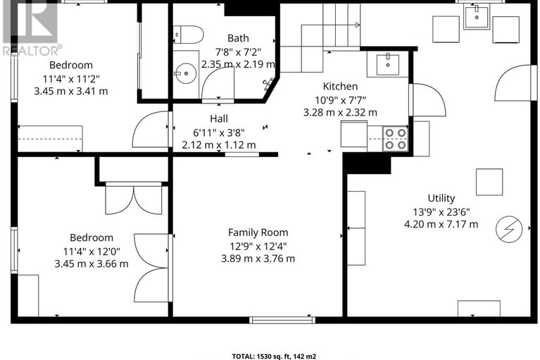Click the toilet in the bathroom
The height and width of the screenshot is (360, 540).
[x=189, y=33]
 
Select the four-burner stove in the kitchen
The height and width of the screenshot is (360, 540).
[x=395, y=138]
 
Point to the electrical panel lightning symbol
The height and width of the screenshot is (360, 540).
[x=507, y=228]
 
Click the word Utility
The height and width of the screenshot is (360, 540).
[x=441, y=198]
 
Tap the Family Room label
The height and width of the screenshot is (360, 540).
[x=258, y=232]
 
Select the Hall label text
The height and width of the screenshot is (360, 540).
[x=218, y=119]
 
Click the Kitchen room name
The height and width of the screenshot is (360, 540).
[x=340, y=86]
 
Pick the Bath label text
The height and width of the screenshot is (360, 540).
[x=237, y=38]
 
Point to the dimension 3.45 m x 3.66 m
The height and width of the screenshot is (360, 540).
[x=92, y=263]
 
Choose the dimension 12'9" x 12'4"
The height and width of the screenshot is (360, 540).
[x=258, y=245]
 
